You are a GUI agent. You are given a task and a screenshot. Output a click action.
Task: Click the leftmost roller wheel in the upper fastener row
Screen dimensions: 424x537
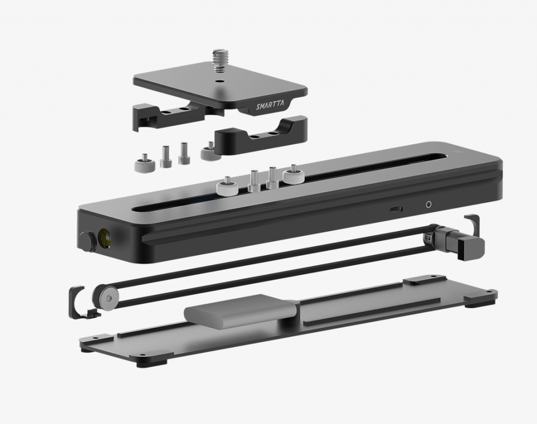(x=142, y=165)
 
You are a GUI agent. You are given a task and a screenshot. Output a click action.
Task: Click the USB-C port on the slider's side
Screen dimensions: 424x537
(x=396, y=210)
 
